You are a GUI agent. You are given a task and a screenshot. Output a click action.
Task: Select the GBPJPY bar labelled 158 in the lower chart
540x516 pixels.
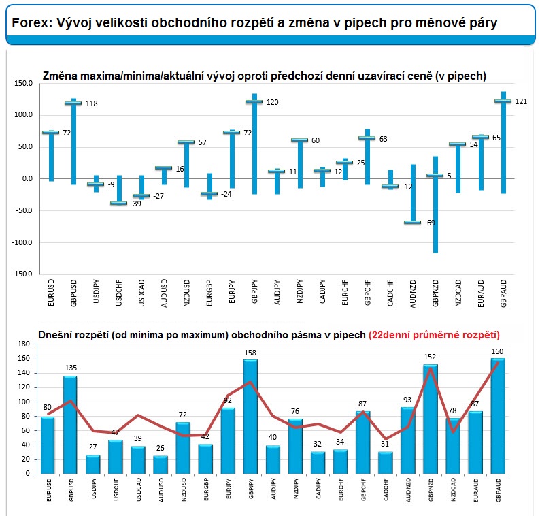[250, 417]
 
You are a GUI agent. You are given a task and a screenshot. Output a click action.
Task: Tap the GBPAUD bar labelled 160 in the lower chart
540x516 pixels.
[498, 416]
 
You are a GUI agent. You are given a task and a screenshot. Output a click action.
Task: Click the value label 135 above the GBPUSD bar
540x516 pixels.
[71, 368]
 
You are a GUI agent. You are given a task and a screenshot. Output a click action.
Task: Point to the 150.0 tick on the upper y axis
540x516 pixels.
[23, 84]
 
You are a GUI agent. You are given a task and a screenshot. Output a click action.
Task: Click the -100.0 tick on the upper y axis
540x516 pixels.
[22, 242]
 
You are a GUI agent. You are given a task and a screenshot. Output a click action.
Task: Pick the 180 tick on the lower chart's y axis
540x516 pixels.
[24, 344]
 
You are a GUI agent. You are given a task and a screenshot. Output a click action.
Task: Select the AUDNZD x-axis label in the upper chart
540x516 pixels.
[413, 293]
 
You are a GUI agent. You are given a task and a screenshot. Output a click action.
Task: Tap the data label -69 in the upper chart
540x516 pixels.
[429, 223]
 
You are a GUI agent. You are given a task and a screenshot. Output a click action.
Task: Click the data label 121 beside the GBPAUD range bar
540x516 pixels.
[521, 101]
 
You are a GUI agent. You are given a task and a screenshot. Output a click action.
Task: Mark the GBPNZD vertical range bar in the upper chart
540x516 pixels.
[436, 204]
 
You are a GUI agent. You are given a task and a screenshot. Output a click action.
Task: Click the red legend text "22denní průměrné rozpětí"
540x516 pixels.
[434, 335]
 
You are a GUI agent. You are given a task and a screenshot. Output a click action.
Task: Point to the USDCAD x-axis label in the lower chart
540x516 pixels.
[139, 489]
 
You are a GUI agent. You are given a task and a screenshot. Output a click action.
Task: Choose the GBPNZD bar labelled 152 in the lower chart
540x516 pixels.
[430, 419]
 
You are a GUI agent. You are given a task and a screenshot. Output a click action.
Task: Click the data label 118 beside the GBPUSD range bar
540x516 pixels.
[92, 103]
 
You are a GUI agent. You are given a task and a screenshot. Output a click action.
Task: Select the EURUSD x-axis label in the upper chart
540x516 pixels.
[51, 293]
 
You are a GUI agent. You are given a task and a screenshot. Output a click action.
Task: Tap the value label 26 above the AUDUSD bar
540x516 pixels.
[160, 448]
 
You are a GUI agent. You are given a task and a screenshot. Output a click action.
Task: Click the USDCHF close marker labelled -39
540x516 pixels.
[119, 203]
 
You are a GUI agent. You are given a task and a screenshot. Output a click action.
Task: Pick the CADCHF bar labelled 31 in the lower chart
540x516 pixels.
[385, 463]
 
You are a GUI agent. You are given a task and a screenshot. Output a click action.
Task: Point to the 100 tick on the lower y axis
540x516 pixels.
[24, 402]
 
